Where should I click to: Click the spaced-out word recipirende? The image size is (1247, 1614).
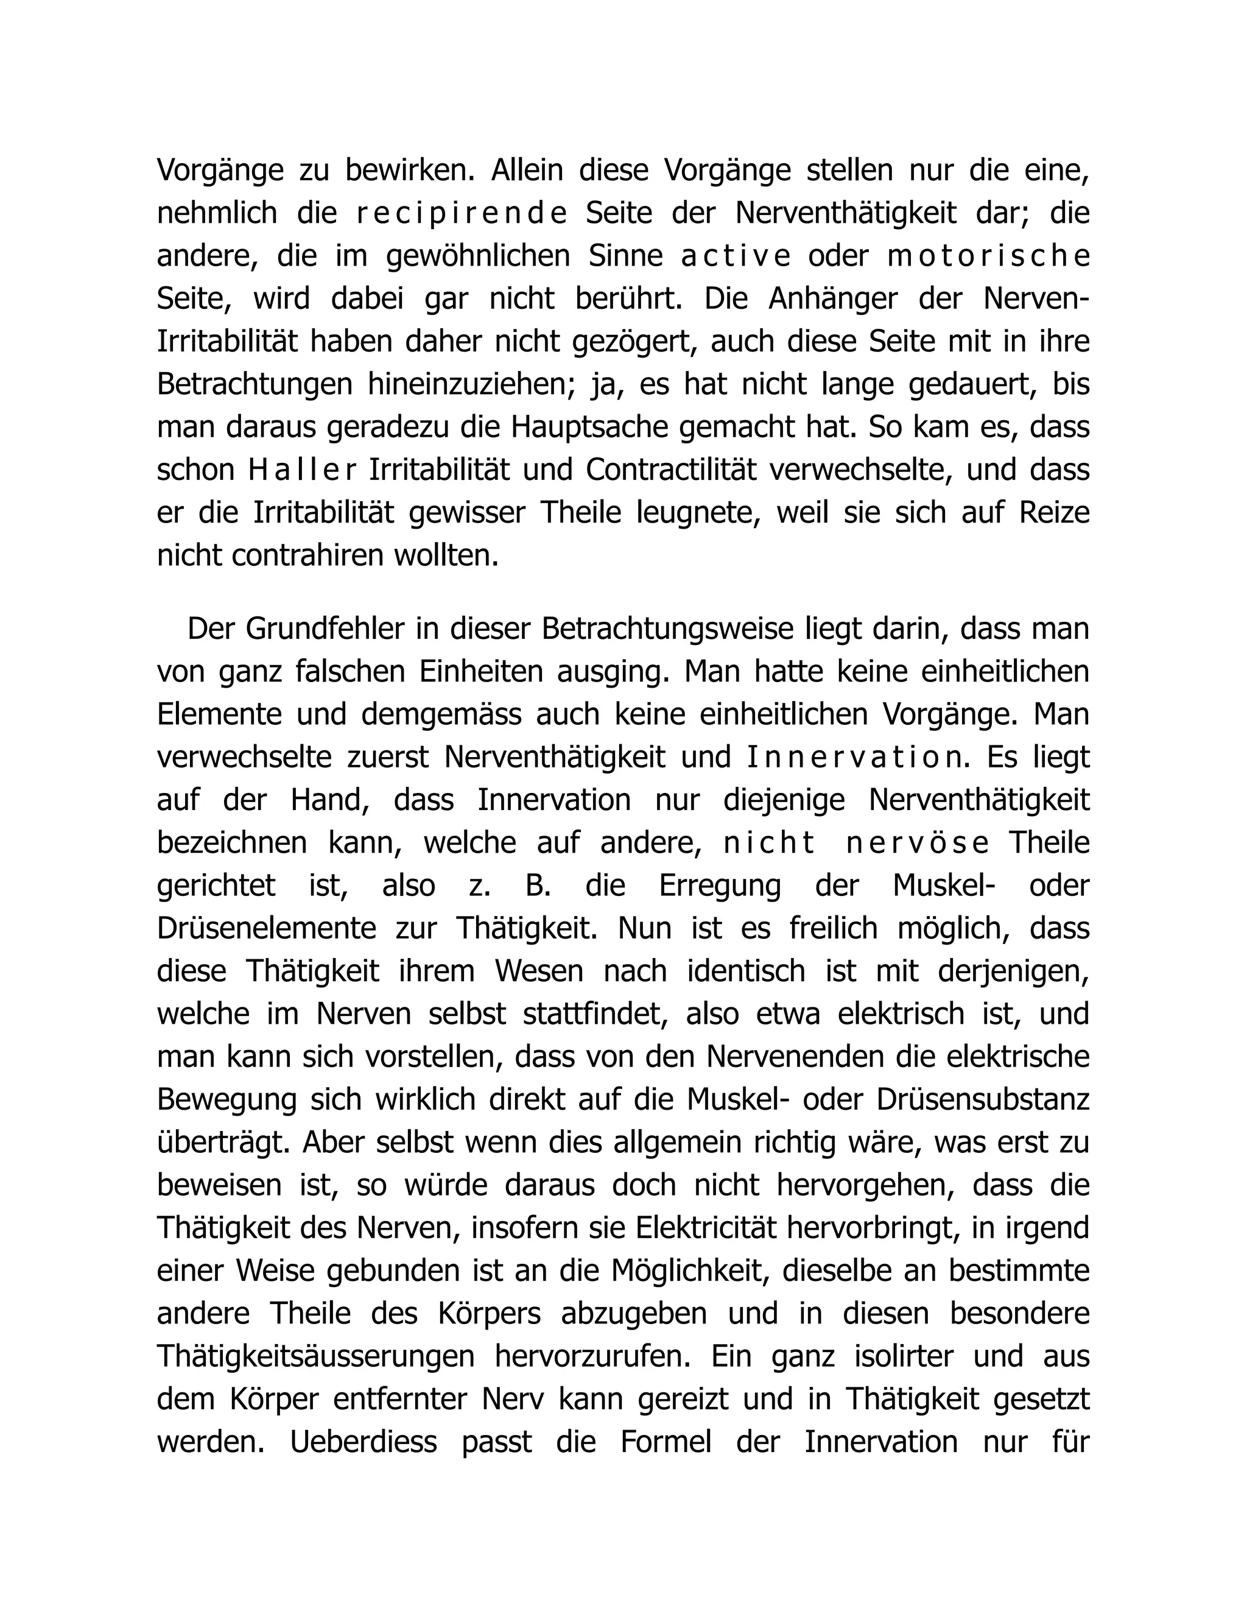click(461, 214)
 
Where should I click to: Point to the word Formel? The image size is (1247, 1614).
click(666, 1442)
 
